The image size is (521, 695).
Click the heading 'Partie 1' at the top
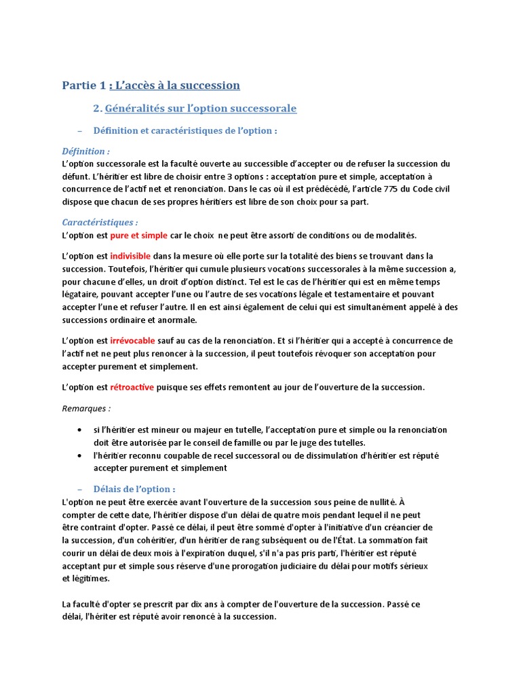click(84, 85)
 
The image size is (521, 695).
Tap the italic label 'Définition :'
click(85, 151)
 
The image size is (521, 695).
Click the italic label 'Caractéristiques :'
click(100, 223)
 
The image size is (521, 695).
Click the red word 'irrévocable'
click(132, 341)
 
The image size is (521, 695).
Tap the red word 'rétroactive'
click(132, 387)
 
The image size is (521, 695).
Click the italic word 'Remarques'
click(84, 409)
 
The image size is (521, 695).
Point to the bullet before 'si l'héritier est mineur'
click(81, 430)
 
